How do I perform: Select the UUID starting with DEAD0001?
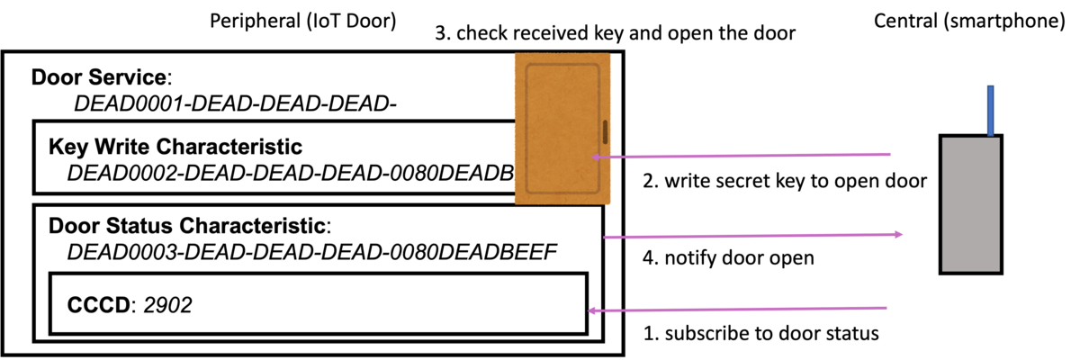[235, 103]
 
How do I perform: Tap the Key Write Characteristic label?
[175, 147]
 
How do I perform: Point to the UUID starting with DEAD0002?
[291, 173]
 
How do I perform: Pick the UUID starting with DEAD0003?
[312, 252]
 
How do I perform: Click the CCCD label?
[99, 304]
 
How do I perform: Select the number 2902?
[167, 304]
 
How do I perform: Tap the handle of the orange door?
[605, 132]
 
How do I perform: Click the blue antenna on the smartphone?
[990, 111]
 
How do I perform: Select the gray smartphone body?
[970, 205]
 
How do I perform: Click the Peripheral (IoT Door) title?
[302, 22]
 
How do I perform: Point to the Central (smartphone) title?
[969, 22]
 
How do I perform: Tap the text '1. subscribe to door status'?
[761, 333]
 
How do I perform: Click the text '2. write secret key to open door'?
[785, 181]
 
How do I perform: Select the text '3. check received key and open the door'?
[616, 33]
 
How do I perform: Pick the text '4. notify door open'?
[728, 257]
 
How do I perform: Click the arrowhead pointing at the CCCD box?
[591, 310]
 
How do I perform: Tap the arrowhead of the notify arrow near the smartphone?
[899, 235]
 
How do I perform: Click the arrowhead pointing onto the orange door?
[596, 157]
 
